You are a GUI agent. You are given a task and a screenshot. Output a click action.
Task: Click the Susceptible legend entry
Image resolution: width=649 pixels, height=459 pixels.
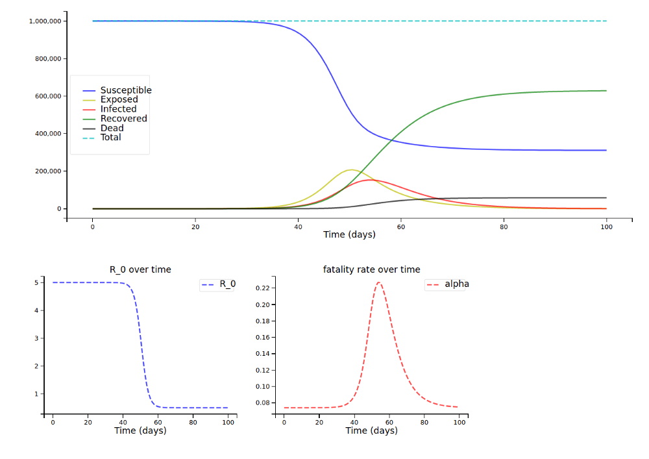[126, 90]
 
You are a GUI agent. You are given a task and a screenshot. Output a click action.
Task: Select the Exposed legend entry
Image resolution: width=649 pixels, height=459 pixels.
[119, 100]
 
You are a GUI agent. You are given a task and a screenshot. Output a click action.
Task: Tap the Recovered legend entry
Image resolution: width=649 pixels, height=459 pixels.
[123, 119]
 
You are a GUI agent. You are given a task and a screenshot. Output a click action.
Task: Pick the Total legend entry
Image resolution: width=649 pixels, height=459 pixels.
[110, 138]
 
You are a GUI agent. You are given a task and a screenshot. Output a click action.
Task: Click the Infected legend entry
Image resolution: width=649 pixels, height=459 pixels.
[118, 109]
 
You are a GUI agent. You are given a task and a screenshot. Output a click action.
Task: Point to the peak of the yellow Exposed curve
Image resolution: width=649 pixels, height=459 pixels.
[350, 169]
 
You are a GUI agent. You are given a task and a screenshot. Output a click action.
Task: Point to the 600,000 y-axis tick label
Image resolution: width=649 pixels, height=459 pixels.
[48, 96]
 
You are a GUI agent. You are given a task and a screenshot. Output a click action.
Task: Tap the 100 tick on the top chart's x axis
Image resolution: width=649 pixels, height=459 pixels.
[606, 227]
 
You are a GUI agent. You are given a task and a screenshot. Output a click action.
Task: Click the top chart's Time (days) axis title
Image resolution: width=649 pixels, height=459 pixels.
[349, 234]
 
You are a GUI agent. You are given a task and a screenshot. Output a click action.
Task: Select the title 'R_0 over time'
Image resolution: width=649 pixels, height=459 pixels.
[140, 269]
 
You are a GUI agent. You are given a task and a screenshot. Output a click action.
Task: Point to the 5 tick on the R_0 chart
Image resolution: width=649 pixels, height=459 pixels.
[38, 283]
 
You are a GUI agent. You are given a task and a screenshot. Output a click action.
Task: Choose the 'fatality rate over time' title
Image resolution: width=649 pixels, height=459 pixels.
[371, 269]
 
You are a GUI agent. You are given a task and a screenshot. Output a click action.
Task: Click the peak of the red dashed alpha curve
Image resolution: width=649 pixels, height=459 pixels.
[380, 283]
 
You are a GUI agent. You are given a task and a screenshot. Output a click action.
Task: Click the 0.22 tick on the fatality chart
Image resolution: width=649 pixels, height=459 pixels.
[263, 288]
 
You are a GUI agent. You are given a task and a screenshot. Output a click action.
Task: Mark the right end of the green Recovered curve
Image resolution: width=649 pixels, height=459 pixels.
[606, 91]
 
